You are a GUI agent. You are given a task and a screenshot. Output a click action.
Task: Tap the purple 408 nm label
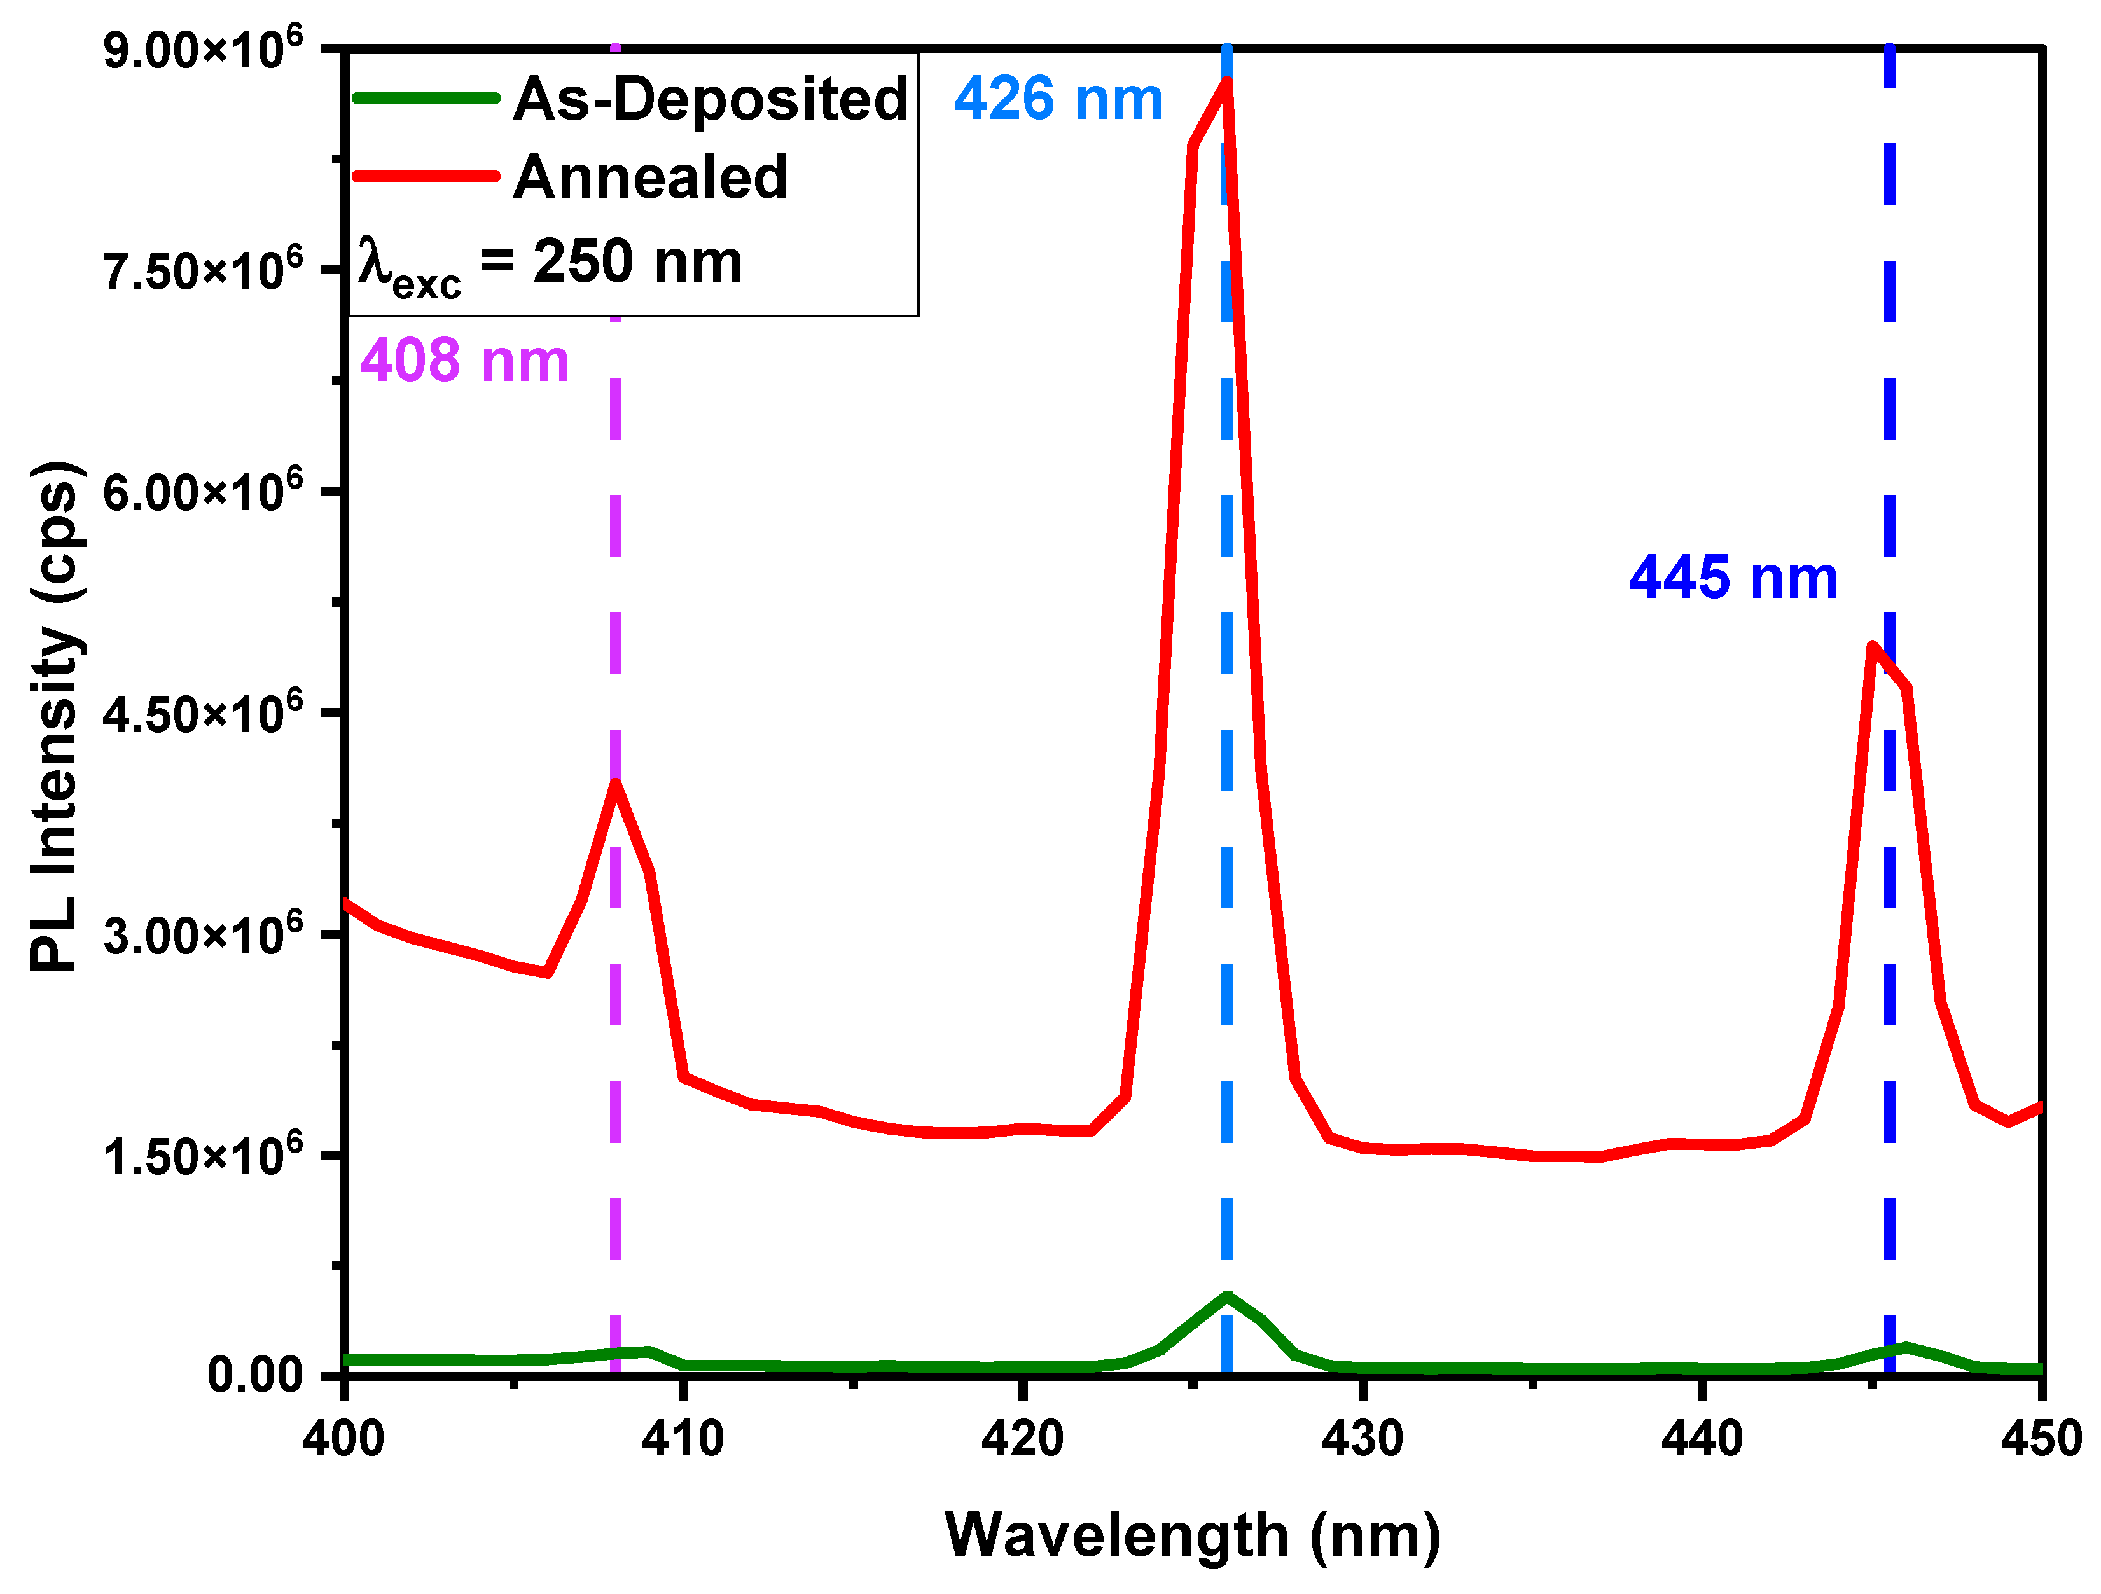464,361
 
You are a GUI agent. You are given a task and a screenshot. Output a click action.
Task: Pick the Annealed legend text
651,177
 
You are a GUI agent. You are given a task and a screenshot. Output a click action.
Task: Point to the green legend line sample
426,98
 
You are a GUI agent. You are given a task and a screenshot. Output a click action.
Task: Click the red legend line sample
426,176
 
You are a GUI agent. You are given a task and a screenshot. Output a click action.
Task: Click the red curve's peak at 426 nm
1227,81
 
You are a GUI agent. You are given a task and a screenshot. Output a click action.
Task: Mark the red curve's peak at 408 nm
616,784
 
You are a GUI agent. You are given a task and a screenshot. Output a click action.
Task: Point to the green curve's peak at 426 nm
1227,1296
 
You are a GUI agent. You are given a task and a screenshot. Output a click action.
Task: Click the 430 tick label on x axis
1362,1439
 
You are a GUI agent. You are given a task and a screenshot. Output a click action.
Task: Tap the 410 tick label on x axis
683,1439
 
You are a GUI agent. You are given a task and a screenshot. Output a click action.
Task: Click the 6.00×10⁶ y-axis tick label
202,491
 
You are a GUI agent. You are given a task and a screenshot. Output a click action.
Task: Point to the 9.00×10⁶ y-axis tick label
202,50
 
